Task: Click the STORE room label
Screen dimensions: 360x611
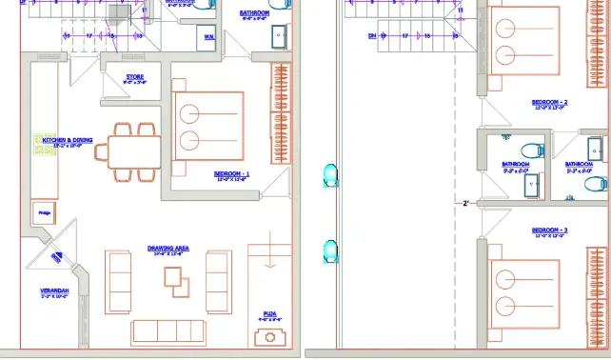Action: point(134,78)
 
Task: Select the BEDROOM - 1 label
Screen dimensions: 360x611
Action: point(232,174)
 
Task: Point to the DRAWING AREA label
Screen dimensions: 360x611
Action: point(168,249)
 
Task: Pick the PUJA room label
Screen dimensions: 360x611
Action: point(268,314)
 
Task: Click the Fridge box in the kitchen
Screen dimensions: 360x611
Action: point(42,211)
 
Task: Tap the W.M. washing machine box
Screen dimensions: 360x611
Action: point(208,37)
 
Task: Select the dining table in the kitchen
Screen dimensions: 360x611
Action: point(133,151)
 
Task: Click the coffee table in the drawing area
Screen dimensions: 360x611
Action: point(173,277)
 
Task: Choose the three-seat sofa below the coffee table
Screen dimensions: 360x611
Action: point(168,330)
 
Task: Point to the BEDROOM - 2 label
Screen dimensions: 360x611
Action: point(549,103)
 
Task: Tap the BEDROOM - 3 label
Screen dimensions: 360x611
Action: point(549,230)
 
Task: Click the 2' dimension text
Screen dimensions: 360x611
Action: point(465,203)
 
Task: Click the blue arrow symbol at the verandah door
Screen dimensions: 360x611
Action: point(53,254)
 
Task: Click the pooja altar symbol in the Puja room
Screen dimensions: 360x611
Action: point(266,337)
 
